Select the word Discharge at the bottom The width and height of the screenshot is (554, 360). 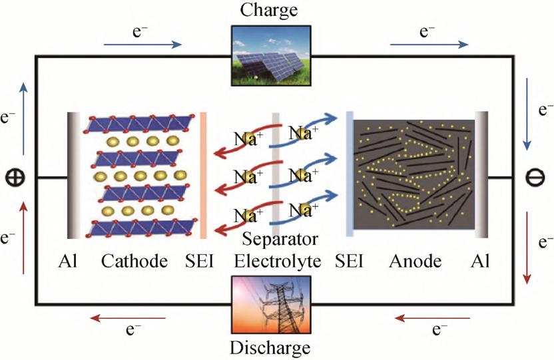pyautogui.click(x=270, y=348)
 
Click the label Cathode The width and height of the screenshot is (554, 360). pyautogui.click(x=134, y=262)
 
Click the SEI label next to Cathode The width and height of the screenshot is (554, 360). pyautogui.click(x=200, y=262)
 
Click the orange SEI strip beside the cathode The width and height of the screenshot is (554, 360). pyautogui.click(x=203, y=175)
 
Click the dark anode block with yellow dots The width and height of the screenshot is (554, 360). pyautogui.click(x=413, y=175)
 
